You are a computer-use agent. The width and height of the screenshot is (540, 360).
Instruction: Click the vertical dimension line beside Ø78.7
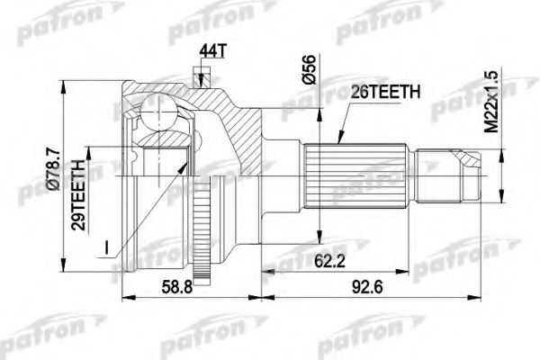(x=64, y=180)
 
